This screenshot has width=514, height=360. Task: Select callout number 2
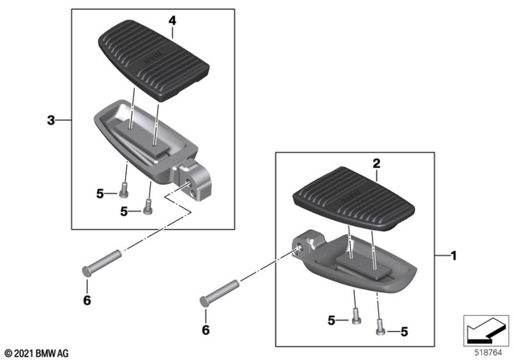click(x=374, y=163)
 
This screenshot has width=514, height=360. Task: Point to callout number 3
click(x=51, y=121)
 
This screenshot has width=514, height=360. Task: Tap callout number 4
click(x=172, y=19)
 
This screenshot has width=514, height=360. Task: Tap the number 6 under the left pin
click(x=87, y=301)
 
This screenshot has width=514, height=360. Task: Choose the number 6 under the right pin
click(x=206, y=329)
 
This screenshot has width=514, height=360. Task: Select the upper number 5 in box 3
click(x=100, y=193)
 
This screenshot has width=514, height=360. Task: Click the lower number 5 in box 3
click(x=123, y=211)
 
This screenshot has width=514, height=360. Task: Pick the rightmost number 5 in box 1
click(x=404, y=330)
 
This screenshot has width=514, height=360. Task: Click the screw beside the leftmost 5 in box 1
click(x=354, y=317)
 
